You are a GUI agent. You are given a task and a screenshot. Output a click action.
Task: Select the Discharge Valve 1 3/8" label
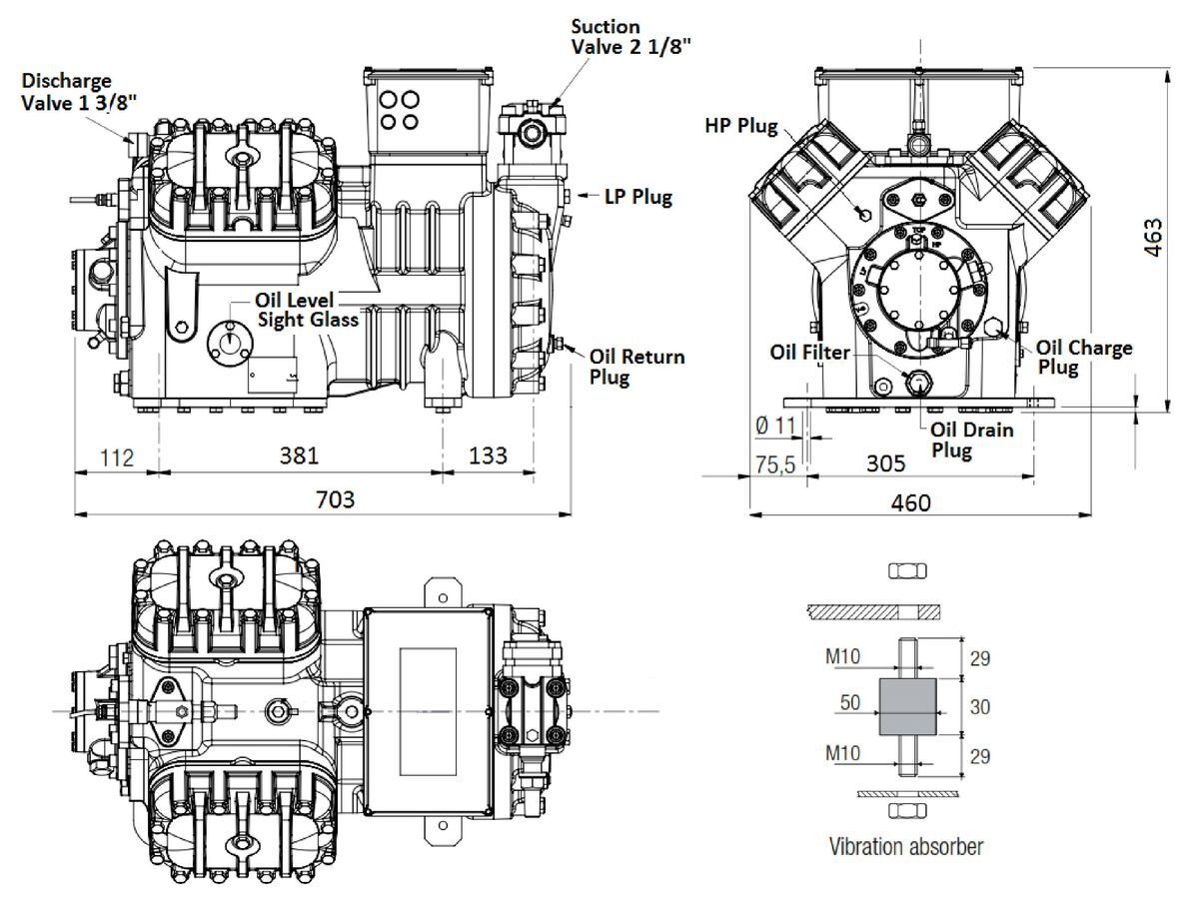pyautogui.click(x=69, y=91)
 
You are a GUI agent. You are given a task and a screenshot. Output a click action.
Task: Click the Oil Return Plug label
pyautogui.click(x=636, y=367)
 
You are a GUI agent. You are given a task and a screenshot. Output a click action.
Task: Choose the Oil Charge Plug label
pyautogui.click(x=1083, y=357)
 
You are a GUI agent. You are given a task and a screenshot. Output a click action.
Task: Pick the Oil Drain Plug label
pyautogui.click(x=972, y=440)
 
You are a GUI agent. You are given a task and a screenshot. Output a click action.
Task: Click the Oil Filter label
pyautogui.click(x=809, y=352)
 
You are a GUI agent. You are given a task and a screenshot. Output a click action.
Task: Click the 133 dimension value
pyautogui.click(x=487, y=455)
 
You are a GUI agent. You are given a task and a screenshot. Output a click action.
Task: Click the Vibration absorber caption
pyautogui.click(x=905, y=847)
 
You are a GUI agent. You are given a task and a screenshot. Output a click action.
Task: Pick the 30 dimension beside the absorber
pyautogui.click(x=979, y=707)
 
